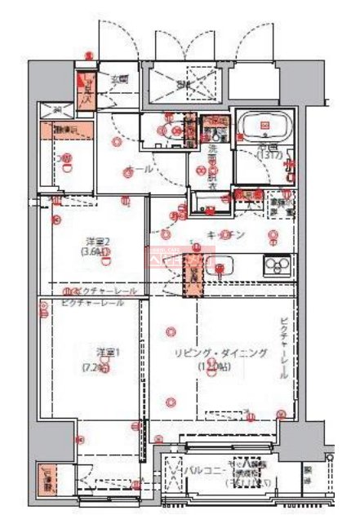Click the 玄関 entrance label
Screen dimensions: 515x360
tap(120, 79)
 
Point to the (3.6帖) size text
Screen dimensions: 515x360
tap(95, 253)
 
